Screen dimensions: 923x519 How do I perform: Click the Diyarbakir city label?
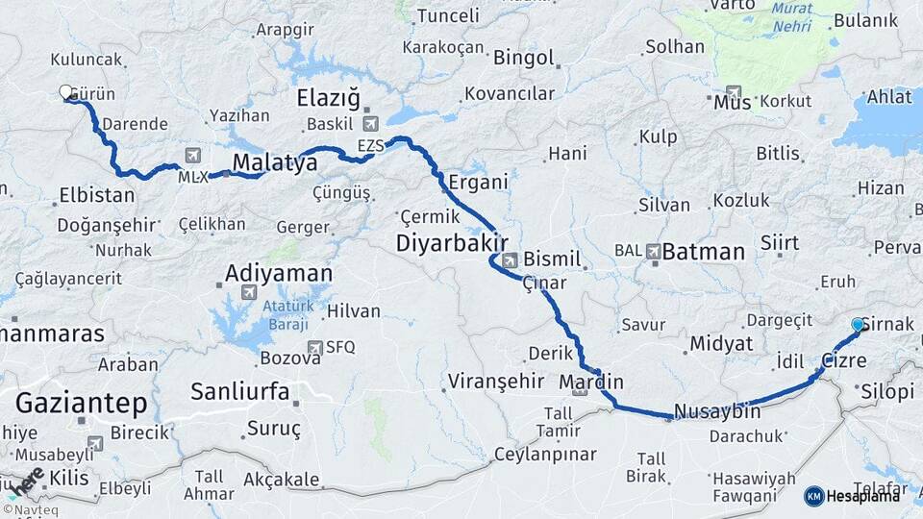(451, 244)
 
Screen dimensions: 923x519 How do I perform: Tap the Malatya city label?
(275, 162)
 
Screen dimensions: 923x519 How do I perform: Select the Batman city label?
(704, 252)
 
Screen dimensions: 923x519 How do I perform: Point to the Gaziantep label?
(81, 402)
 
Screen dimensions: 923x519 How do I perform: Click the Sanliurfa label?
(240, 391)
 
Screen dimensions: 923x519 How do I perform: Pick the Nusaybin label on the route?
(717, 411)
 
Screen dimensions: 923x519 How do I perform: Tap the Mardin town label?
(591, 382)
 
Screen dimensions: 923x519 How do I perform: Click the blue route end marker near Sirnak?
(858, 325)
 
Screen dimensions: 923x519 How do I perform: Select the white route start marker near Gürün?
(66, 92)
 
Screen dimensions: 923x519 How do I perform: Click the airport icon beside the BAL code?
(655, 252)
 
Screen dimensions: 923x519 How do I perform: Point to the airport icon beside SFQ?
(314, 347)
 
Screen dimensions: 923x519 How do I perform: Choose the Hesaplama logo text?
(863, 496)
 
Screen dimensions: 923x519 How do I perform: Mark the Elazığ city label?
(328, 97)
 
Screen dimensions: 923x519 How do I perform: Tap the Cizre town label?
(844, 361)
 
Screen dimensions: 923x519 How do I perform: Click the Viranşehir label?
(496, 382)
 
